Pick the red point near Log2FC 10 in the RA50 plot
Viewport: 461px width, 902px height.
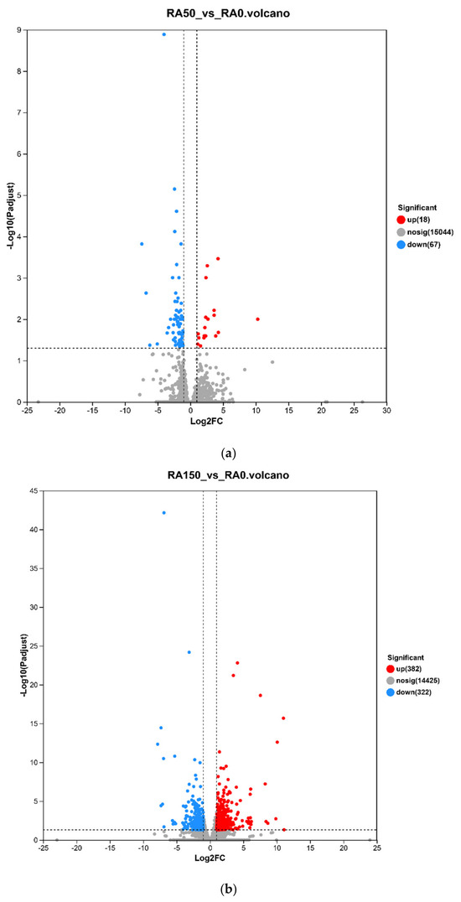(x=258, y=319)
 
